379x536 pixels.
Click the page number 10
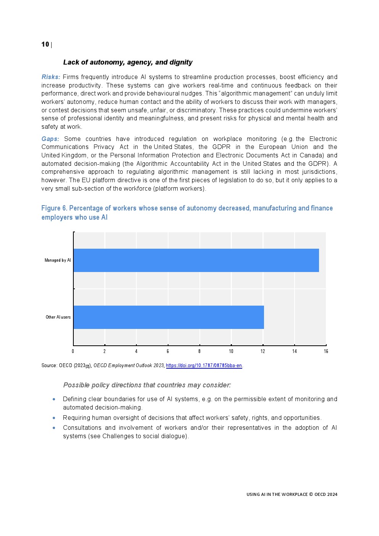click(45, 44)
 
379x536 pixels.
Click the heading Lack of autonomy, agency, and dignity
click(128, 62)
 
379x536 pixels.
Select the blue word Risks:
click(51, 77)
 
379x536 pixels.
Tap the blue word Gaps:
click(50, 139)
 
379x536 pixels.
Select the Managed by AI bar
click(196, 260)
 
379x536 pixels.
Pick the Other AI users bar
click(168, 317)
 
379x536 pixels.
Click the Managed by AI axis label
click(58, 260)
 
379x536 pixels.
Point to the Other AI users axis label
click(58, 317)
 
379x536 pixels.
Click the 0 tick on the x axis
click(73, 351)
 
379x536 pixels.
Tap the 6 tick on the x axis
click(168, 351)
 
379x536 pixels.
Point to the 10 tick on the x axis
click(231, 351)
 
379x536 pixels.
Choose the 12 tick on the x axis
click(263, 351)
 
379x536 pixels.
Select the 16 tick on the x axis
click(326, 351)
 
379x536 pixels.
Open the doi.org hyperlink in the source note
click(204, 366)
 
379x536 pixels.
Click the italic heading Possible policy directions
click(147, 385)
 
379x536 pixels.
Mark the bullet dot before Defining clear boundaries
click(54, 399)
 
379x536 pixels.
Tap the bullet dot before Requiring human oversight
click(54, 418)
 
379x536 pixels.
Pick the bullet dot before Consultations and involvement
click(54, 428)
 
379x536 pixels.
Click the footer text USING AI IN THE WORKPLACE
click(292, 494)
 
